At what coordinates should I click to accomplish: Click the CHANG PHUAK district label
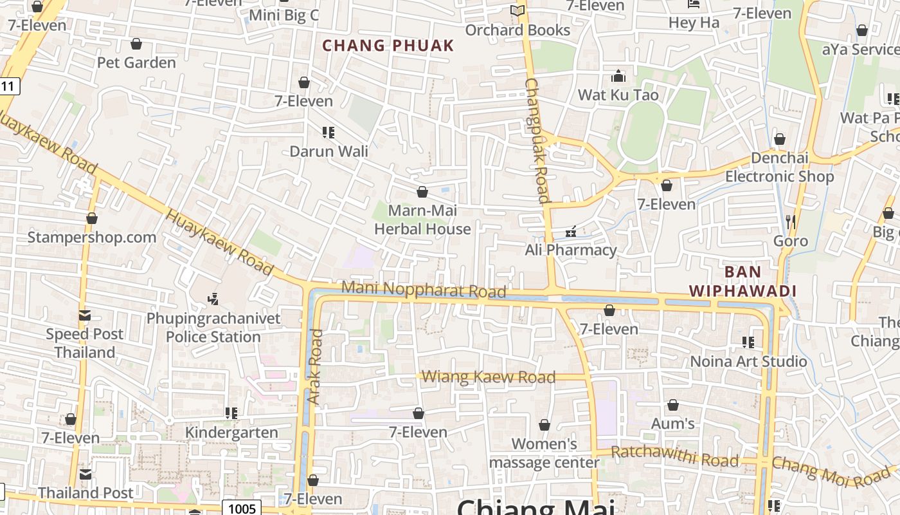388,46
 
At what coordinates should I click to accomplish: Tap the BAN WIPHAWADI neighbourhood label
742,281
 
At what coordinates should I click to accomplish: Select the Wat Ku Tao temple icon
618,77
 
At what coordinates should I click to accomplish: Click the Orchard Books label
517,30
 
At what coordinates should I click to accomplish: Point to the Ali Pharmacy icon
570,232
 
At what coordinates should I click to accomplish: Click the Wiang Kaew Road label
489,377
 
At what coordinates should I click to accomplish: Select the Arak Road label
315,367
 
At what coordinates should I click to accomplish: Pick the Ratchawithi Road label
674,456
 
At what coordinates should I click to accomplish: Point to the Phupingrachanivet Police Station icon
213,299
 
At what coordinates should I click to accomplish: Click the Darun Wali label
329,151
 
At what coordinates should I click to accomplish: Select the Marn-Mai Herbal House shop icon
422,192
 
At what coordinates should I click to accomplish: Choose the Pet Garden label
136,62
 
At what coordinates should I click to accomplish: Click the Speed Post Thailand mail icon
85,315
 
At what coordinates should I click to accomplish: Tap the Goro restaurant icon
791,222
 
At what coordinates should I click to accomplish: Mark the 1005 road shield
242,509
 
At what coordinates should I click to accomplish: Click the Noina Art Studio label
748,361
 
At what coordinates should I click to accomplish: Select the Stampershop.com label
92,237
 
